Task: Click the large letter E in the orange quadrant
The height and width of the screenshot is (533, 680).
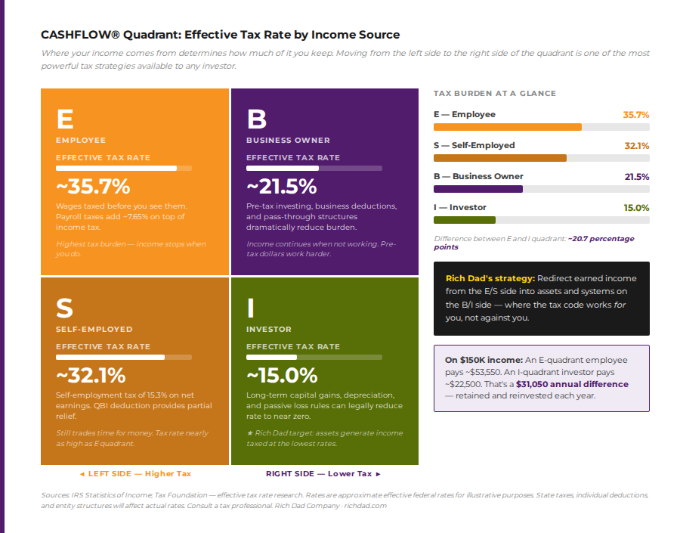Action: pos(65,119)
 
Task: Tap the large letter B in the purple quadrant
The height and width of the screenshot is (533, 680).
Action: pos(257,119)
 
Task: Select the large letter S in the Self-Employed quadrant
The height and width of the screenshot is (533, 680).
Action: pos(65,308)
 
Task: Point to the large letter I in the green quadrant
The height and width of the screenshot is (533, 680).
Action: pos(250,308)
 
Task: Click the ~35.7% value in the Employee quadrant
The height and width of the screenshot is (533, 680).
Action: pos(93,186)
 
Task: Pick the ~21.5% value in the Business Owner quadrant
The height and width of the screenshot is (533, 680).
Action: pos(282,186)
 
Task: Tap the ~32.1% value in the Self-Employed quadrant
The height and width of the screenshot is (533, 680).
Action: pos(91,375)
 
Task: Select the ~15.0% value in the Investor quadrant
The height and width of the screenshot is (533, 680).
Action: pos(282,375)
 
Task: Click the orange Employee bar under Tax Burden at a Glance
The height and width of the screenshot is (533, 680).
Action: pos(507,127)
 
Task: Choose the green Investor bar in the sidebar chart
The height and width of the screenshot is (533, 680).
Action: pos(464,220)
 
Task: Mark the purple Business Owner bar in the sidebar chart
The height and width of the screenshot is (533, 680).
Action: pos(478,189)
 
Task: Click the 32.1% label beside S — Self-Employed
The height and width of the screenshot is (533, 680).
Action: pos(636,145)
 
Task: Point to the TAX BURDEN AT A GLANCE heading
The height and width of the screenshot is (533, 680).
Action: pos(494,94)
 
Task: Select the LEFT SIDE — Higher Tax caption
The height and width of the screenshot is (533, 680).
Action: pos(135,474)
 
